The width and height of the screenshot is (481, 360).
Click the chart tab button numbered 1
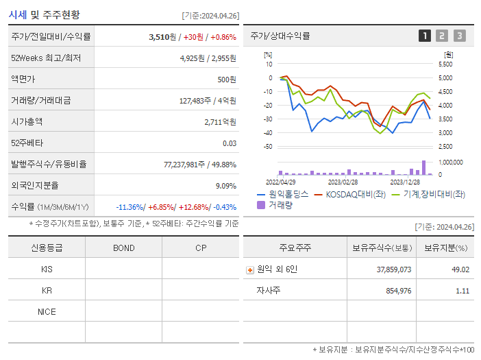[425, 36]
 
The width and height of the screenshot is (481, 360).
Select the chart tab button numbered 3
[459, 36]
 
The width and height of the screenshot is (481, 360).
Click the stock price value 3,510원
[162, 36]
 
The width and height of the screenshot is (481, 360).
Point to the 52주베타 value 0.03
[230, 143]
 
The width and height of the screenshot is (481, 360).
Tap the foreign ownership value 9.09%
[225, 185]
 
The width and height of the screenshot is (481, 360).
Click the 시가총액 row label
[27, 121]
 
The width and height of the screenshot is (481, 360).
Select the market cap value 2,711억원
[220, 121]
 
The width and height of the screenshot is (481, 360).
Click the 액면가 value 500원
[227, 79]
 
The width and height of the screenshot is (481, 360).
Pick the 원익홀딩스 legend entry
[282, 194]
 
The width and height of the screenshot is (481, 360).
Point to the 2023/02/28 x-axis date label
[343, 182]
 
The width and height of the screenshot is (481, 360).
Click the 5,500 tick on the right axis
[445, 64]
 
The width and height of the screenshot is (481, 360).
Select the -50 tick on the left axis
[268, 147]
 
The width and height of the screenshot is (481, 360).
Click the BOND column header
[123, 248]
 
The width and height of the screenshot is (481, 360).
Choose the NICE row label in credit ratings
[47, 311]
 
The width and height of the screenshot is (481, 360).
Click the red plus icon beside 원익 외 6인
[250, 269]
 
